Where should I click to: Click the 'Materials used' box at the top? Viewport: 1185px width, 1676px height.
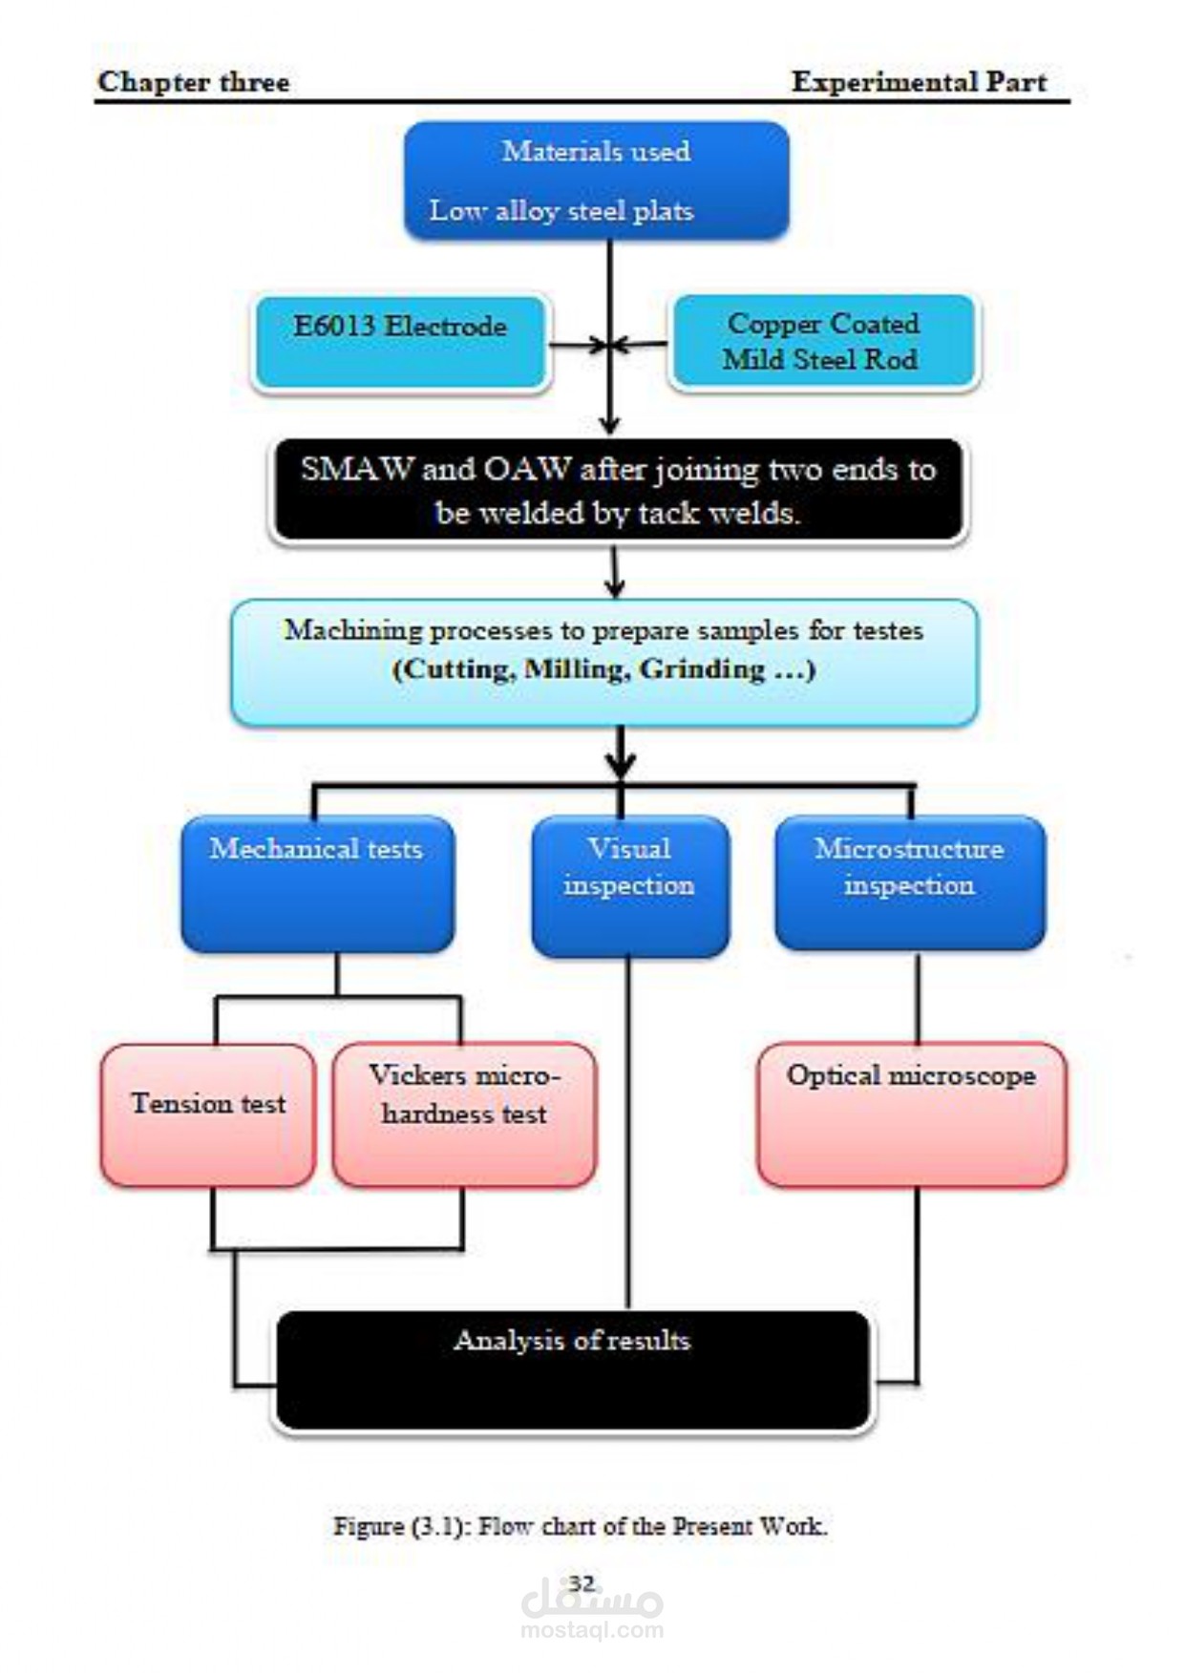pyautogui.click(x=596, y=180)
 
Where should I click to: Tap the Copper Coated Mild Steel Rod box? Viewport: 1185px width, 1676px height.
pyautogui.click(x=823, y=343)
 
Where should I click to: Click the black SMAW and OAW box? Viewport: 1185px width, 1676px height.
pyautogui.click(x=618, y=491)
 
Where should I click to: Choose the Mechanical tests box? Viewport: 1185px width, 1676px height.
pyautogui.click(x=317, y=883)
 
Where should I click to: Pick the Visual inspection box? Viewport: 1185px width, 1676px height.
pyautogui.click(x=630, y=885)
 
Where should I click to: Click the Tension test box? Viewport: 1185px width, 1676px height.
pyautogui.click(x=207, y=1114)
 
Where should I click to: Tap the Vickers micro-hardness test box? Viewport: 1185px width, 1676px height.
pyautogui.click(x=464, y=1114)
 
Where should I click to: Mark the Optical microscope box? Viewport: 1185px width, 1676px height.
pyautogui.click(x=911, y=1114)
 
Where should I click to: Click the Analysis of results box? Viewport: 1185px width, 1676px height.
pyautogui.click(x=573, y=1369)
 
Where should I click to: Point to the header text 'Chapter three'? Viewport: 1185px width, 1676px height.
pyautogui.click(x=194, y=82)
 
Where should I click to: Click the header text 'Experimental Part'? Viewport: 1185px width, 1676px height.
pyautogui.click(x=919, y=82)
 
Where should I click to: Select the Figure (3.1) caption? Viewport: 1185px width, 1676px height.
pyautogui.click(x=580, y=1526)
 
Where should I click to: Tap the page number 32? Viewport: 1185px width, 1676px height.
pyautogui.click(x=582, y=1583)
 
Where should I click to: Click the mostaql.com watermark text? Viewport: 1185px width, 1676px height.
pyautogui.click(x=592, y=1630)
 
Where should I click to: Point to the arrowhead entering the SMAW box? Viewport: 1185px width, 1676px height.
pyautogui.click(x=610, y=425)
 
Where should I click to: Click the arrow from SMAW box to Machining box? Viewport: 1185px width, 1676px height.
pyautogui.click(x=615, y=573)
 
